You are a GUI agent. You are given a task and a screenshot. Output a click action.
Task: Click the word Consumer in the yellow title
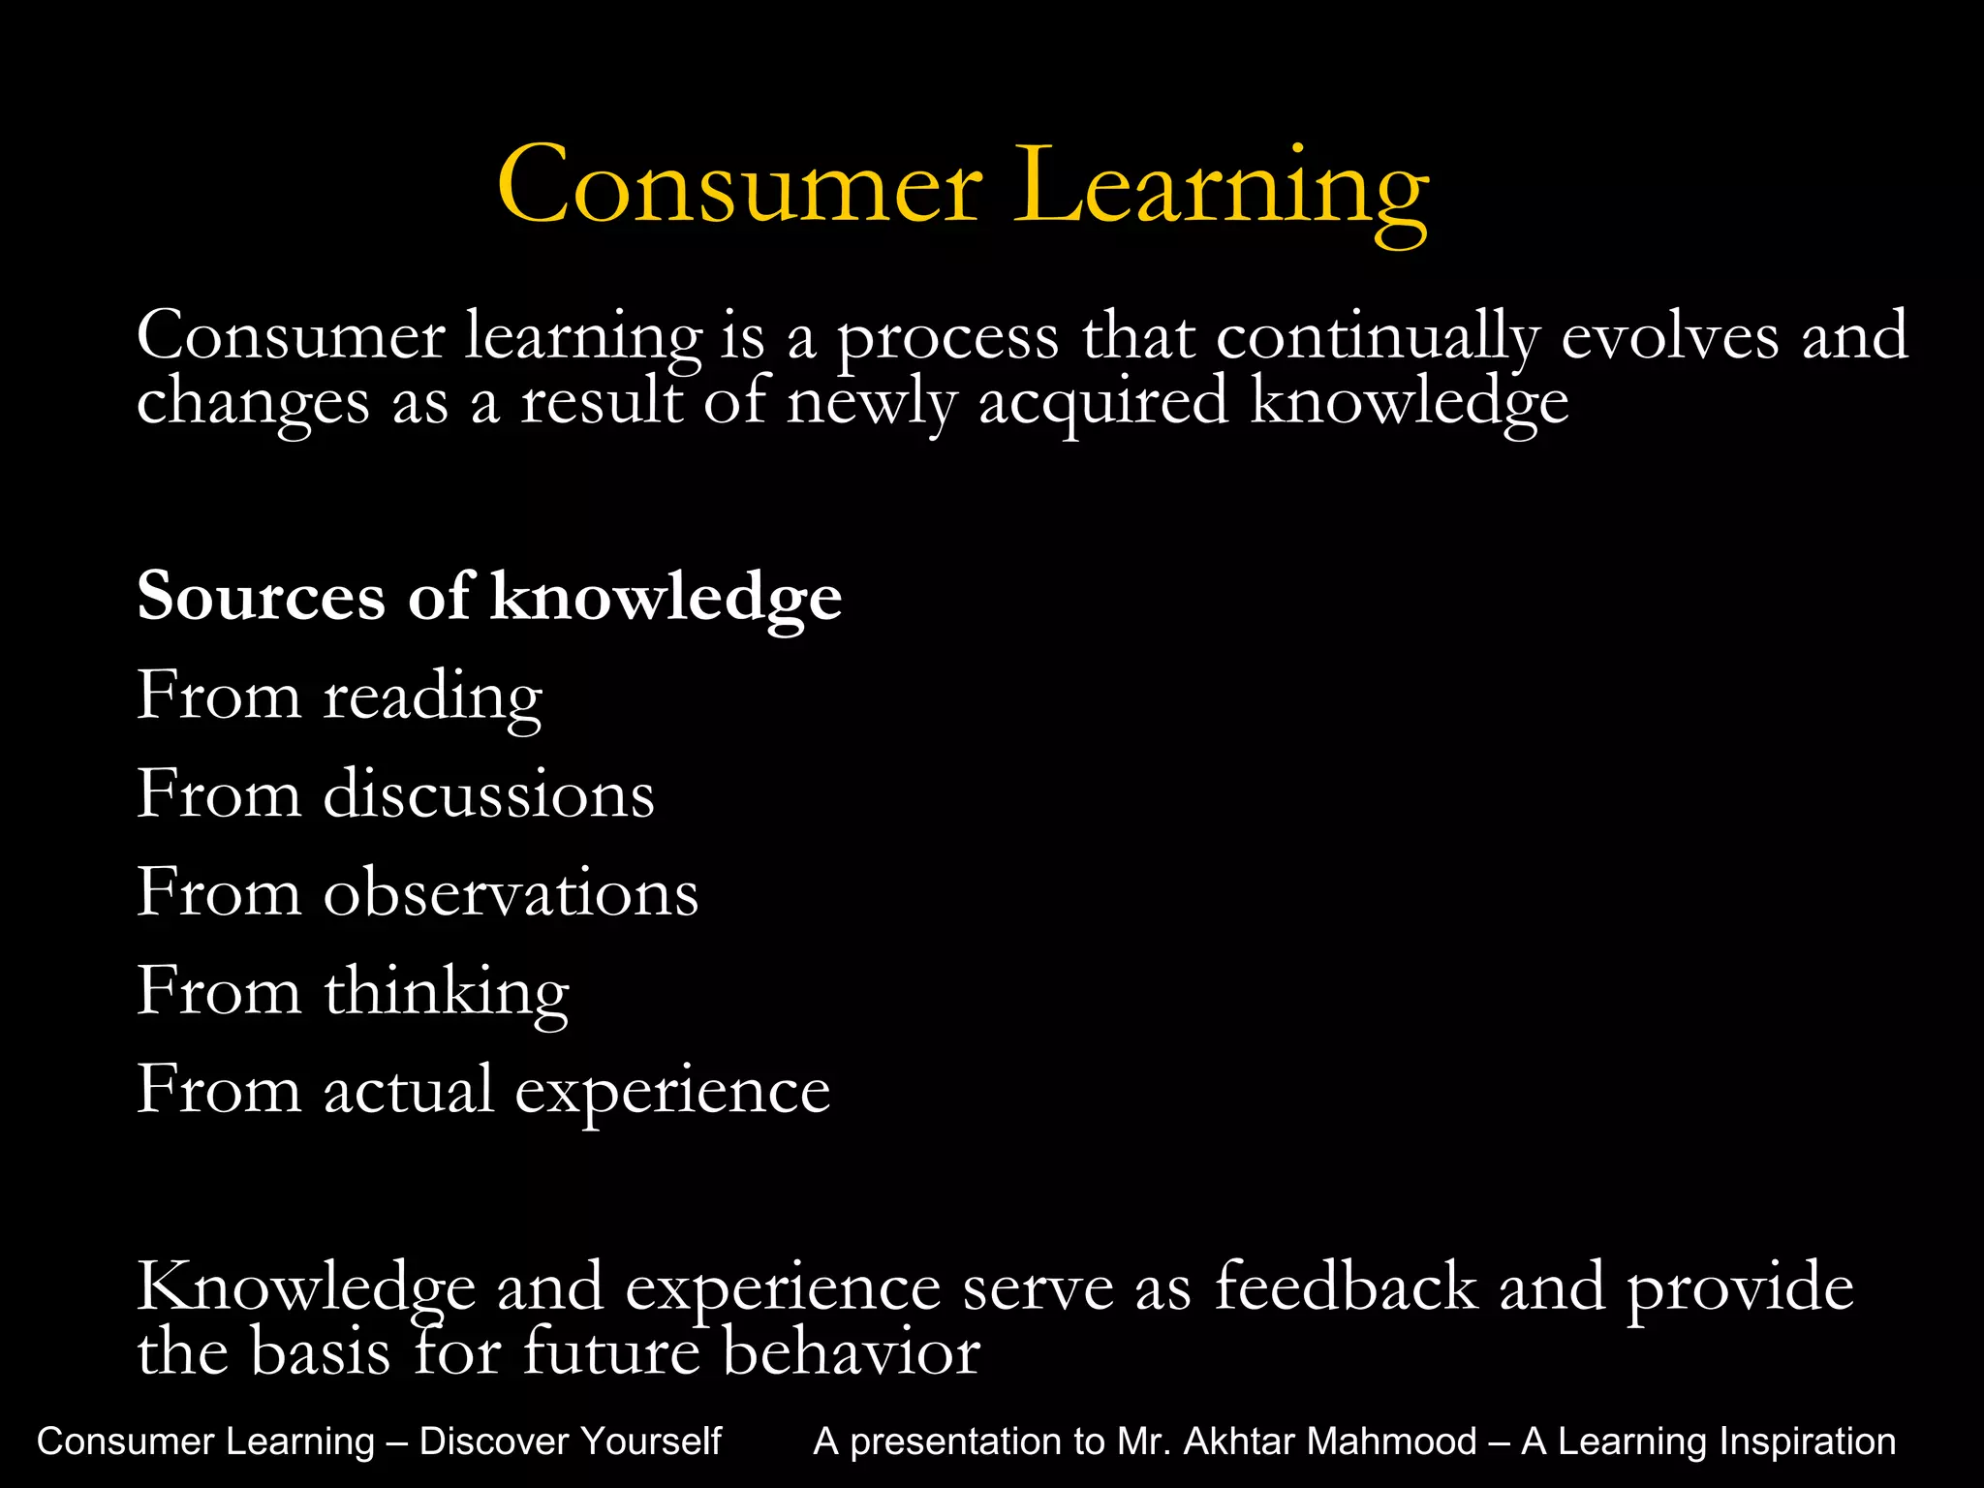tap(740, 185)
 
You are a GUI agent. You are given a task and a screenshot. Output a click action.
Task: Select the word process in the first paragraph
tap(947, 339)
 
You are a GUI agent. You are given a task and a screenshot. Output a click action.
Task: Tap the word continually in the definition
tap(1377, 339)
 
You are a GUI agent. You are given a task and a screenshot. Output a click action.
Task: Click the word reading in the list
tap(432, 697)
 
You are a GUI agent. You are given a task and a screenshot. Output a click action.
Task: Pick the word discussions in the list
tap(488, 794)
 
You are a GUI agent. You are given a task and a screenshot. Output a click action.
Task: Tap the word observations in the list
tap(511, 892)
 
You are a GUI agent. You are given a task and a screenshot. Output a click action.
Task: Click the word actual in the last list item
tap(408, 1090)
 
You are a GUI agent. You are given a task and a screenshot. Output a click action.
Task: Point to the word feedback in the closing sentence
tap(1346, 1287)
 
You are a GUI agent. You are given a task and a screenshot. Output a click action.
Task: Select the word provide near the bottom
tap(1740, 1289)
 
